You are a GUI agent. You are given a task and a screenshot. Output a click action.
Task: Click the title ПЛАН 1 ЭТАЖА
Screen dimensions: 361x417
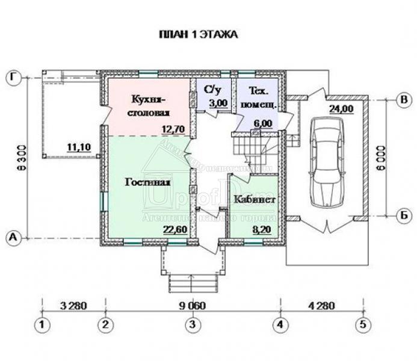197,34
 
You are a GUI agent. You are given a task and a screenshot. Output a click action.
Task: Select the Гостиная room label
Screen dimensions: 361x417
149,182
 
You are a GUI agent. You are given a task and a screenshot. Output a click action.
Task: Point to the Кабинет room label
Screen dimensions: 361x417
253,199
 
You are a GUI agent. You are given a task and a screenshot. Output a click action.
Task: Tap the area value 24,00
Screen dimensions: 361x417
341,108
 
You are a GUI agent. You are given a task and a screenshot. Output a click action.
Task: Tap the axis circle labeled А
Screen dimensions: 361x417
13,238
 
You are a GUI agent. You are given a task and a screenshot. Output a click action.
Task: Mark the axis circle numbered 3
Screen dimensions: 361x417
191,325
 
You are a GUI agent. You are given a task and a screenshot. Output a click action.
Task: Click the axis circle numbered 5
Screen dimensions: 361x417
363,325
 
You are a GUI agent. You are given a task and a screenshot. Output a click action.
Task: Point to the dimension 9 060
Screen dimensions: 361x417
192,305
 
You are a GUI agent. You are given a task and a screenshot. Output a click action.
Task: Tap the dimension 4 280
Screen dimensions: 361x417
322,305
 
